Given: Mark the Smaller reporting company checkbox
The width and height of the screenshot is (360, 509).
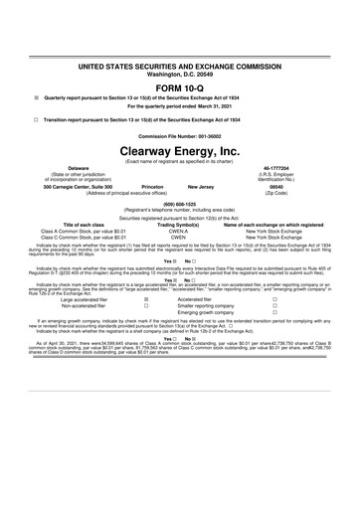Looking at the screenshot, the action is pos(273,333).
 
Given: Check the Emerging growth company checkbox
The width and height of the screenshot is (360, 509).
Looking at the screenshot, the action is pos(273,342).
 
